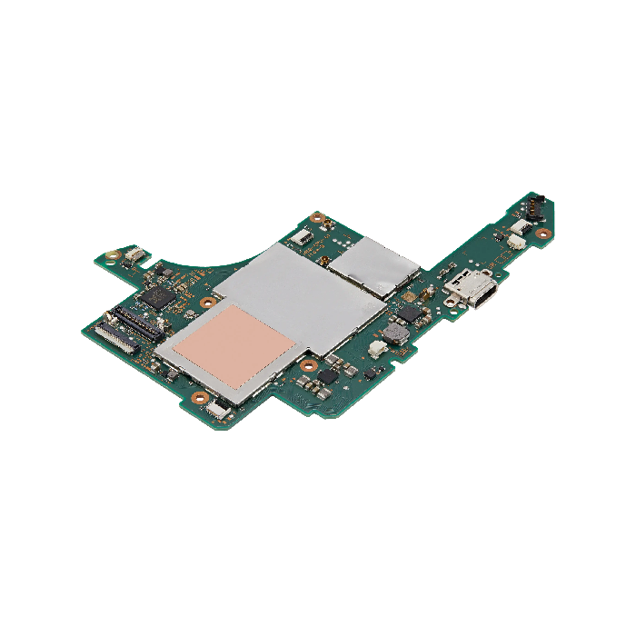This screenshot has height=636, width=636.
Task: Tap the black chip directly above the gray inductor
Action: (409, 313)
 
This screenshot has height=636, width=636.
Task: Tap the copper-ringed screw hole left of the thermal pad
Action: (207, 301)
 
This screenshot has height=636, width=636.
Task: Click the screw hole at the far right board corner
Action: (544, 234)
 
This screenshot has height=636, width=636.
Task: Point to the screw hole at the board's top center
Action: (317, 218)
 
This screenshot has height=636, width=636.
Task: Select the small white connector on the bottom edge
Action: (216, 411)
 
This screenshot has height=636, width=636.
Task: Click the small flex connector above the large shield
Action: (301, 238)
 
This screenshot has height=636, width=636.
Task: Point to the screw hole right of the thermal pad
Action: (309, 366)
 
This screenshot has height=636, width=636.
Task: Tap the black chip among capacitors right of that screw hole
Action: (332, 373)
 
